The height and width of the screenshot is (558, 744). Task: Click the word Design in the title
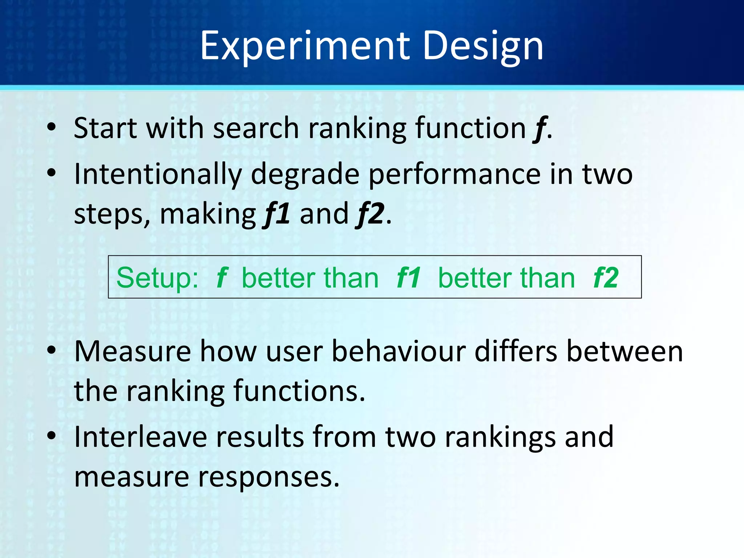(x=483, y=46)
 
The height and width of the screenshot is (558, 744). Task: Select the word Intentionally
(x=158, y=174)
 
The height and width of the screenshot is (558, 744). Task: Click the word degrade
(x=305, y=174)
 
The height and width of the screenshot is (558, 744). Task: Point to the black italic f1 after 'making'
(x=276, y=214)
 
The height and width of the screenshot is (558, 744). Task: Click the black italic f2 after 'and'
(x=371, y=214)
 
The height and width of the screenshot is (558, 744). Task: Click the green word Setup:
(x=157, y=278)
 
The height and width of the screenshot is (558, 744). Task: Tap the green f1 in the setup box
(x=409, y=278)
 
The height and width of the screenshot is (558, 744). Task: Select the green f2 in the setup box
(x=606, y=278)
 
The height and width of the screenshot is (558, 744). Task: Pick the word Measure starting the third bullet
(x=133, y=351)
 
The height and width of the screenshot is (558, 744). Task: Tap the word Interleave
(x=141, y=437)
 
